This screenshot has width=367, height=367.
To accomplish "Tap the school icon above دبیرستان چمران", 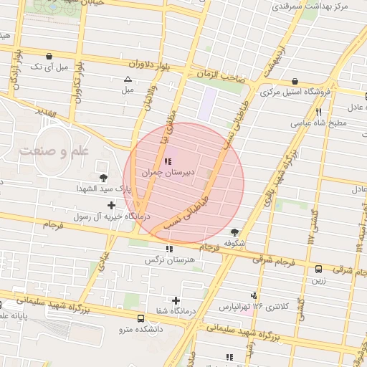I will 168,161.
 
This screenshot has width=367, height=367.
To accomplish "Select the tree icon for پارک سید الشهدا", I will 104,176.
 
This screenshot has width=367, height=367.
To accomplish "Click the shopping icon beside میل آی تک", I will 48,56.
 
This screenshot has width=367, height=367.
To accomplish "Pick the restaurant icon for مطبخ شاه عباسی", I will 318,112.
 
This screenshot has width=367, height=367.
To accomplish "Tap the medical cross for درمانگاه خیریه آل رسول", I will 110,206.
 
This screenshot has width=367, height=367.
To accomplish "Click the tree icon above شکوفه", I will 234,232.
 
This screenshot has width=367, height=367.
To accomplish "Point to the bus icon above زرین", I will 318,269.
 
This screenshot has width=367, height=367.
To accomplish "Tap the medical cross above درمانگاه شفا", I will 176,300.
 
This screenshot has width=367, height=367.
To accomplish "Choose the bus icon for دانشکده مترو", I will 140,318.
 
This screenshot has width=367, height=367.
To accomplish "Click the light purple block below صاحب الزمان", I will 206,105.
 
